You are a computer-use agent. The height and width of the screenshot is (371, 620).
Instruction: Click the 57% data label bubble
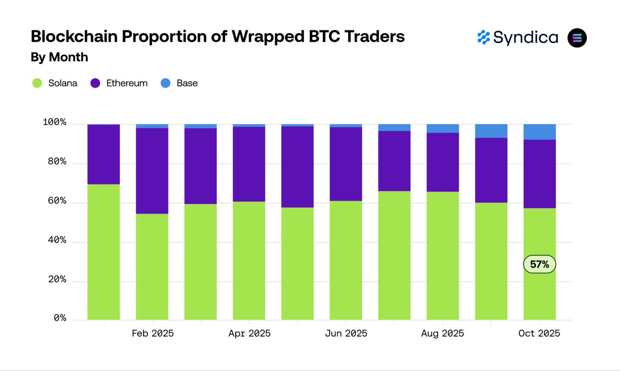click(540, 264)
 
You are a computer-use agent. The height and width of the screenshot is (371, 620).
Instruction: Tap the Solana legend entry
click(54, 83)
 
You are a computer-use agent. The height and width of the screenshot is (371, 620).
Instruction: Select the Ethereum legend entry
click(119, 83)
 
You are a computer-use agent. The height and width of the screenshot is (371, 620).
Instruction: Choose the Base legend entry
click(179, 83)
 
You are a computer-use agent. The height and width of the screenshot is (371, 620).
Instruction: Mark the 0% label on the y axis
click(60, 318)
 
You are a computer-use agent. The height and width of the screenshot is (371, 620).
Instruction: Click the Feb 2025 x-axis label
click(152, 333)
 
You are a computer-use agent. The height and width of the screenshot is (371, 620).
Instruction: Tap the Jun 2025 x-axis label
click(346, 333)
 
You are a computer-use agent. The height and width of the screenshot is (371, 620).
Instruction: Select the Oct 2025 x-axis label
click(539, 333)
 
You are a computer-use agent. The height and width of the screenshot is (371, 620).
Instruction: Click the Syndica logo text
click(525, 38)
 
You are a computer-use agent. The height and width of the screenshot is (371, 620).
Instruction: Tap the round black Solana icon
click(577, 38)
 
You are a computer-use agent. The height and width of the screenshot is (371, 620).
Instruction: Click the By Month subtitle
click(59, 57)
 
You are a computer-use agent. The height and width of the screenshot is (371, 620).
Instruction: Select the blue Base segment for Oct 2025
click(539, 132)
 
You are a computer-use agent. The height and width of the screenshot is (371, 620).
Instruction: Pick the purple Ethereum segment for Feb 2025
click(152, 170)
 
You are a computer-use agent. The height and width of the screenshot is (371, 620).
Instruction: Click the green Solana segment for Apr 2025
click(249, 261)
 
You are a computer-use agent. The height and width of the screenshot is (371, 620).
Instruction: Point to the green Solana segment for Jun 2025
click(346, 261)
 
